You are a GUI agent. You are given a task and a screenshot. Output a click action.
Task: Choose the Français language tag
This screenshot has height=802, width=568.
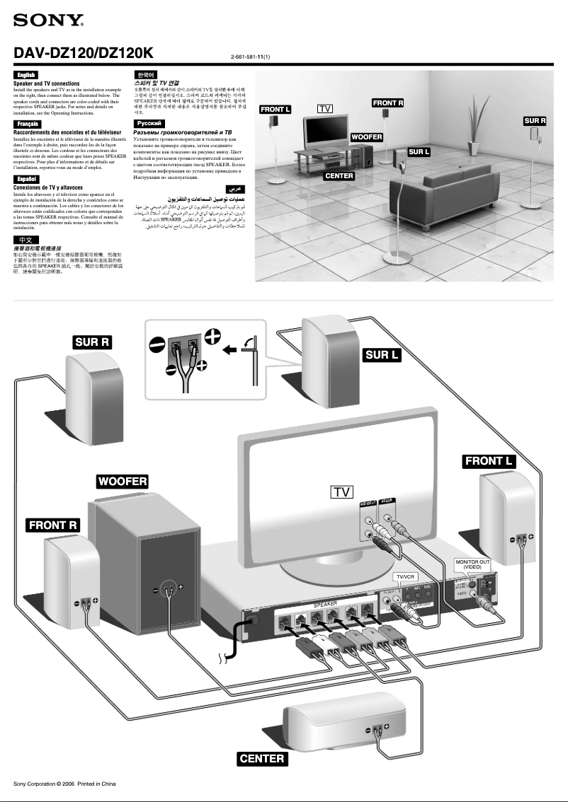pos(27,124)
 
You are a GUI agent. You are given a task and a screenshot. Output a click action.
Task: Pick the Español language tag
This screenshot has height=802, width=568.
pos(26,179)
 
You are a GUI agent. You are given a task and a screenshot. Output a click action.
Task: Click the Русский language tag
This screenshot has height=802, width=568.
pos(147,124)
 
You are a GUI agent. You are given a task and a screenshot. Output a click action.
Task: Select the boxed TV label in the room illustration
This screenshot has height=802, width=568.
pos(325,109)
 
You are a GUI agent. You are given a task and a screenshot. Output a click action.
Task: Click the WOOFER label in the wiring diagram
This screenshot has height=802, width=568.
pos(122,482)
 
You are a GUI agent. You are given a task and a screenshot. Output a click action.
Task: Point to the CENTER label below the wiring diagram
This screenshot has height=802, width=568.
pos(262,759)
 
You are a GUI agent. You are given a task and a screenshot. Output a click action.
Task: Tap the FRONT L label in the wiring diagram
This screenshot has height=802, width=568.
pos(489,461)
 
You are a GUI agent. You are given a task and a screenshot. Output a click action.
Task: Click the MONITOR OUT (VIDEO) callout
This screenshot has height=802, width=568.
pos(472,564)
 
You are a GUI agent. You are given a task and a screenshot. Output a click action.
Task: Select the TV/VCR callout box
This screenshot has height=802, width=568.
pos(409,577)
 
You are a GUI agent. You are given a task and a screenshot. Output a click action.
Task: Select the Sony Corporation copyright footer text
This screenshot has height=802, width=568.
pos(64,784)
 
